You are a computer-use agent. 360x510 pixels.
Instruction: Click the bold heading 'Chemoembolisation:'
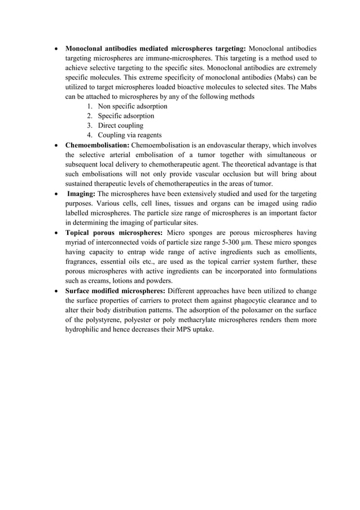point(98,145)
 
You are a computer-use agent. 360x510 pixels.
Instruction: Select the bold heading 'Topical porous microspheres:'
point(113,232)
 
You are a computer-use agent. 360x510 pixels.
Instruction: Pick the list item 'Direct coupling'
point(120,125)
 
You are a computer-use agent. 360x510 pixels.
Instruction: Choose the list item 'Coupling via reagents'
point(129,135)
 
